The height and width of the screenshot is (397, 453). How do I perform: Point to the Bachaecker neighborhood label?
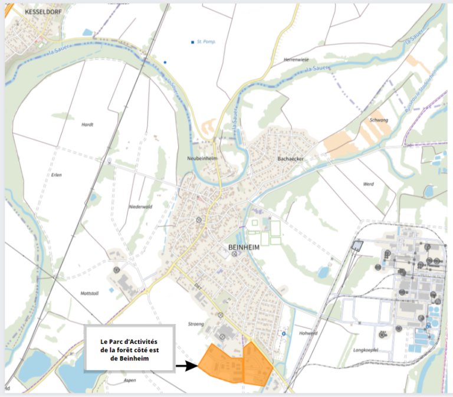[290, 159]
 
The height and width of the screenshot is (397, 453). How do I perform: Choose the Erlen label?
[57, 175]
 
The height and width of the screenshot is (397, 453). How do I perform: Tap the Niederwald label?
[140, 206]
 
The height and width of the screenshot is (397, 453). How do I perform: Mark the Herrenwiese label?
[297, 60]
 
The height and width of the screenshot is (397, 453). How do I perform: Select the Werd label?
[369, 184]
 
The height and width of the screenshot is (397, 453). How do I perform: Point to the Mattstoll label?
[90, 293]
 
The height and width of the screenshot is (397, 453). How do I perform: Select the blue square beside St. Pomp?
[193, 42]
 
